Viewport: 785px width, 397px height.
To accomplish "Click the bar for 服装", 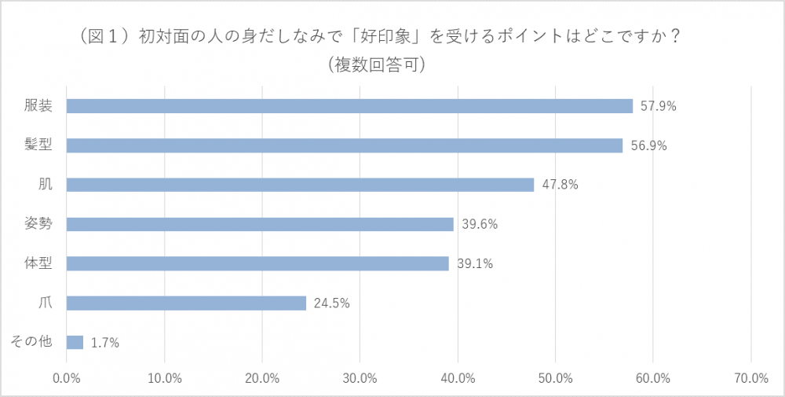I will pyautogui.click(x=349, y=106).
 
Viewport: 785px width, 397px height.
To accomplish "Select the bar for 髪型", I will pyautogui.click(x=345, y=145).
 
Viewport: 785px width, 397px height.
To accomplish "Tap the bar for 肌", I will pyautogui.click(x=300, y=185).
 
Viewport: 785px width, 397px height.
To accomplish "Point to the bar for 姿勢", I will pyautogui.click(x=260, y=224).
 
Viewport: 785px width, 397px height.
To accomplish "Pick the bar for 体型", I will pyautogui.click(x=257, y=263).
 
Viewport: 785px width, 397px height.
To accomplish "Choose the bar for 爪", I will pyautogui.click(x=186, y=303).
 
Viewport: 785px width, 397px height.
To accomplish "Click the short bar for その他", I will pyautogui.click(x=75, y=342).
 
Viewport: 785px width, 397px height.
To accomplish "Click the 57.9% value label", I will pyautogui.click(x=658, y=106).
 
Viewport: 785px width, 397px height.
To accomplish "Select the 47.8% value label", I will pyautogui.click(x=559, y=185).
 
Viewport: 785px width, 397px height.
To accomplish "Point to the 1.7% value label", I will pyautogui.click(x=106, y=342).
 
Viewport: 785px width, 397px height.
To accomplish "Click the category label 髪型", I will pyautogui.click(x=38, y=145).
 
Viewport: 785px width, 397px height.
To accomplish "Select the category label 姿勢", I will pyautogui.click(x=38, y=223).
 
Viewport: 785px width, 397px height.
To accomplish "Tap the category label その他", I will pyautogui.click(x=31, y=341).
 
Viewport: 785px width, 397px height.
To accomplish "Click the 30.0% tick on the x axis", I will pyautogui.click(x=360, y=378).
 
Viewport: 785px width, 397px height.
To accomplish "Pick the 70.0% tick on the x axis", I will pyautogui.click(x=751, y=378).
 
